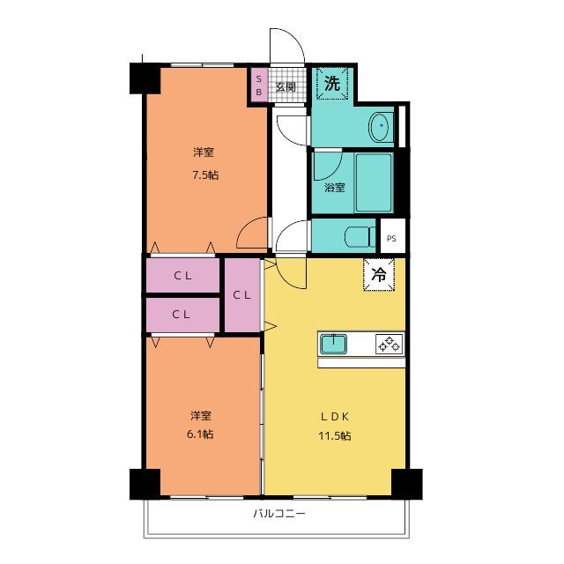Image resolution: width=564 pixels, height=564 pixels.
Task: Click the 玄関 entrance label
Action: (286, 86)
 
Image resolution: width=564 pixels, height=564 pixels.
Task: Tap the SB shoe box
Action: (258, 85)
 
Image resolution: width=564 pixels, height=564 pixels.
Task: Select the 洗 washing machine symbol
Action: (332, 84)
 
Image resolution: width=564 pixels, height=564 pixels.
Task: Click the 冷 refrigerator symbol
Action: (379, 274)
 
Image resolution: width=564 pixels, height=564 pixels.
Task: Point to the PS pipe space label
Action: (391, 238)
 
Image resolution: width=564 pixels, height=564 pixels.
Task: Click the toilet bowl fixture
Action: (360, 237)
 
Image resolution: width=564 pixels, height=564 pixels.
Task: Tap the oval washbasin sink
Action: (379, 126)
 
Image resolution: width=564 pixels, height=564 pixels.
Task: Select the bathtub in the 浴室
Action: (374, 182)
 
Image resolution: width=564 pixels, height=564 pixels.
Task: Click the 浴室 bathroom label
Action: (335, 188)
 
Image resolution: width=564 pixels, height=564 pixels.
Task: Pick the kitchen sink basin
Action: (333, 344)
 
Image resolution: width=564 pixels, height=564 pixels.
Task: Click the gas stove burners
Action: (389, 344)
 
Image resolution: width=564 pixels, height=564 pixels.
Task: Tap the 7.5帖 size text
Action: (205, 175)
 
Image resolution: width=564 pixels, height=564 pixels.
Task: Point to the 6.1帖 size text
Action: (200, 434)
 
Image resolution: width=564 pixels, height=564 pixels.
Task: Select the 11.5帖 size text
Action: (335, 436)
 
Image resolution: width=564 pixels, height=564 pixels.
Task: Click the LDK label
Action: (335, 417)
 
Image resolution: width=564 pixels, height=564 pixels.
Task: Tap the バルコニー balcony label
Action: (279, 513)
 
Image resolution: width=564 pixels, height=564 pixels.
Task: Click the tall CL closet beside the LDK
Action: (242, 295)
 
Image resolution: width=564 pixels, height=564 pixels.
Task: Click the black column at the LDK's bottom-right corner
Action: (407, 484)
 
